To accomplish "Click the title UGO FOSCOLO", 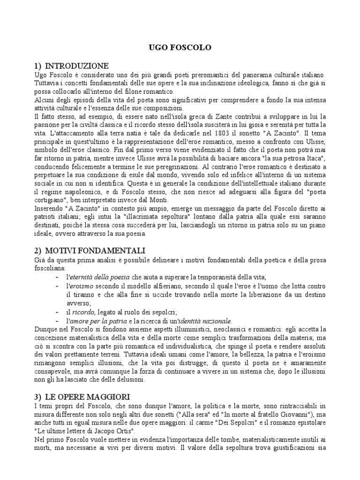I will [x=180, y=48].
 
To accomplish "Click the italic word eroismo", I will [x=81, y=286].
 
